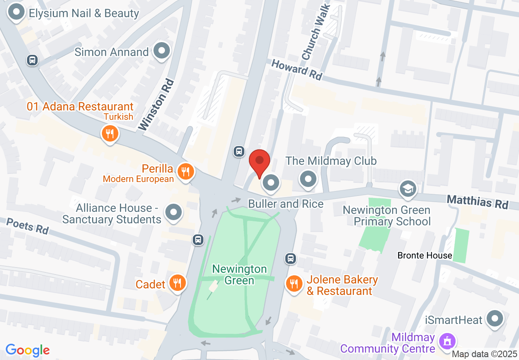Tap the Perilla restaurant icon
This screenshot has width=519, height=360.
point(186,172)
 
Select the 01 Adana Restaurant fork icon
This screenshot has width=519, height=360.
point(109,133)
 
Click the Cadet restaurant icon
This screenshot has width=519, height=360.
point(177,283)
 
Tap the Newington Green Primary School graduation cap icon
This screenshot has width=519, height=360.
point(408,188)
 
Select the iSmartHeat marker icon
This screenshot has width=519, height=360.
point(495,319)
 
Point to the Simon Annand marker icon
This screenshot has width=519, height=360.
point(161,51)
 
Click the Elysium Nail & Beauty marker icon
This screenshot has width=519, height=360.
point(16,12)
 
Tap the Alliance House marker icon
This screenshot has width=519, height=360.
point(173,212)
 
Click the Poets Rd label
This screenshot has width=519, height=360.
point(27,226)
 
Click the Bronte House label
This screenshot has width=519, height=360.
point(424,256)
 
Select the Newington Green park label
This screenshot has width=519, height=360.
point(239,274)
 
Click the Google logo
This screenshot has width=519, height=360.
point(27,350)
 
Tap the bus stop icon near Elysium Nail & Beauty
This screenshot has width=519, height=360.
point(32,60)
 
